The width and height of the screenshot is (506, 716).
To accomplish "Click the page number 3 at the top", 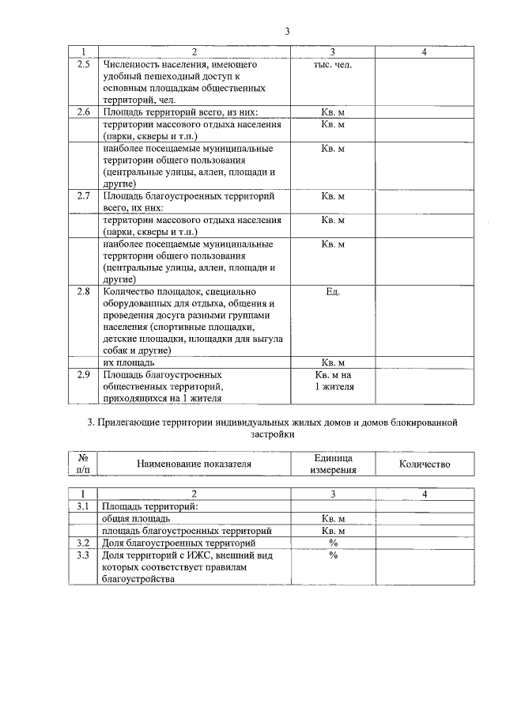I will click(288, 32).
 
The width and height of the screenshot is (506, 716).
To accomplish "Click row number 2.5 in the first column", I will click(84, 65).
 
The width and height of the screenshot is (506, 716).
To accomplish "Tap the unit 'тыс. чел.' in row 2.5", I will click(333, 65).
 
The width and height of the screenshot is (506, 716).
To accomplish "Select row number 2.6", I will click(84, 112).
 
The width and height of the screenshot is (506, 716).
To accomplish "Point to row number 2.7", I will click(84, 195).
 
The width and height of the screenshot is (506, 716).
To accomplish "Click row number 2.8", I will click(84, 291).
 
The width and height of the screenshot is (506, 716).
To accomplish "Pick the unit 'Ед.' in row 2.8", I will click(333, 291).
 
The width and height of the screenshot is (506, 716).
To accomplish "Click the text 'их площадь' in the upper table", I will click(129, 362).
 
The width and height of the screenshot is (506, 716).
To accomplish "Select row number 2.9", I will click(84, 374).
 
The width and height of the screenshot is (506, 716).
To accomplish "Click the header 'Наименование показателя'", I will click(194, 464).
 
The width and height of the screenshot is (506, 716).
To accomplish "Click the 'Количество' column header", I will click(424, 464).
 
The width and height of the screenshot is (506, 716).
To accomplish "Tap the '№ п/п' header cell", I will click(84, 464).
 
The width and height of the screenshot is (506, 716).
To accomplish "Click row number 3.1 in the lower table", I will click(84, 506).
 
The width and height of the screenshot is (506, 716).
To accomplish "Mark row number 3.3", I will click(84, 555).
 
